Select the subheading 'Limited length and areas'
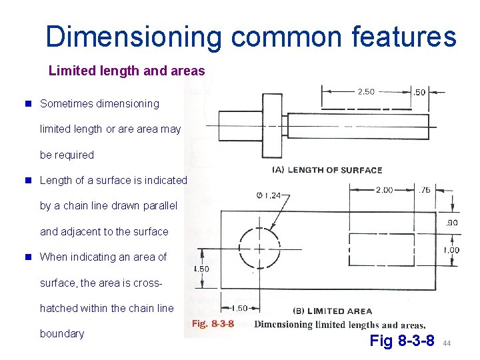pyautogui.click(x=127, y=70)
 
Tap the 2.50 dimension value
pyautogui.click(x=366, y=91)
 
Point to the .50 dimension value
pyautogui.click(x=419, y=92)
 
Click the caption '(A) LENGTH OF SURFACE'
pyautogui.click(x=327, y=169)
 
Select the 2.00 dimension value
pyautogui.click(x=384, y=190)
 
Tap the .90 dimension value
pyautogui.click(x=452, y=223)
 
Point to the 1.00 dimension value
pyautogui.click(x=451, y=250)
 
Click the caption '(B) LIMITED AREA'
pyautogui.click(x=333, y=311)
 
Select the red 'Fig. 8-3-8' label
pyautogui.click(x=213, y=325)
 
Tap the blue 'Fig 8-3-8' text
pyautogui.click(x=402, y=341)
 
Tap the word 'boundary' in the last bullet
pyautogui.click(x=62, y=333)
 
